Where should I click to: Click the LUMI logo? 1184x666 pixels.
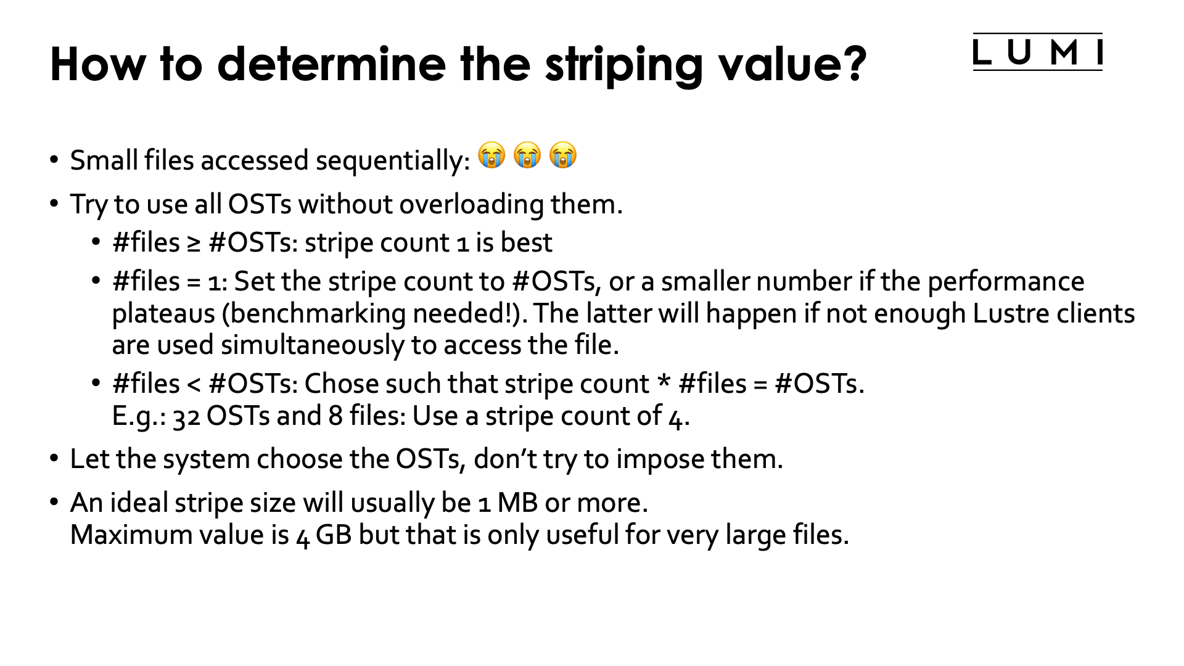pos(1037,52)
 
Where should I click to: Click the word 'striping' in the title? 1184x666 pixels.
pos(623,65)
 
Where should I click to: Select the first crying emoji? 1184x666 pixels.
pos(491,155)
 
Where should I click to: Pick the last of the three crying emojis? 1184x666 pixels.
pos(563,155)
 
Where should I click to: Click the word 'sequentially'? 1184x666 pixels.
pos(393,161)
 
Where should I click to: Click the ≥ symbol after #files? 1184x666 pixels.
pos(194,244)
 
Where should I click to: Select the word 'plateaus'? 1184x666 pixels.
pos(163,314)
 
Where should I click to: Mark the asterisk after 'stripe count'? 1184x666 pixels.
pos(664,382)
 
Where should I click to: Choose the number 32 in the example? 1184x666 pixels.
pos(186,417)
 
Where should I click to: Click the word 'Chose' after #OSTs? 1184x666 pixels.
pos(341,384)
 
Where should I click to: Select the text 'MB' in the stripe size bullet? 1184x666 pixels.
pos(517,503)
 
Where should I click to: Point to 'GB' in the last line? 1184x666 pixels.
pos(334,535)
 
